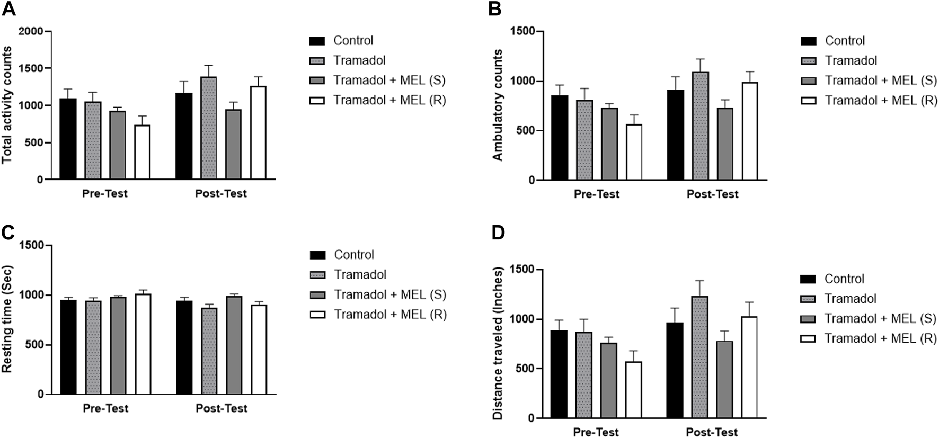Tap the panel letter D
coord(499,233)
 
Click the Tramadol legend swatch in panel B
coord(808,61)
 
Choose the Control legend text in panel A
coord(353,41)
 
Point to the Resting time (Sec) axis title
coord(7,320)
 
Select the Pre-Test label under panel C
coord(105,408)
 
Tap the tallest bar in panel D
coord(699,357)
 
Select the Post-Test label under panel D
coord(712,432)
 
